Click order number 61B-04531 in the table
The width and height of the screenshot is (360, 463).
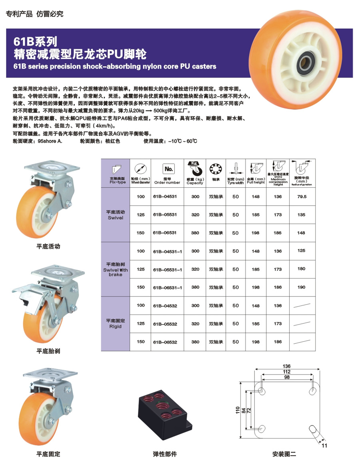[x=165, y=196]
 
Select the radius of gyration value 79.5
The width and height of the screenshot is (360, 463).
[x=302, y=196]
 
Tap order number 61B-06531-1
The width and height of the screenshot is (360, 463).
[x=167, y=287]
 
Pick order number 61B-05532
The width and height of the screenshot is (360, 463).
[x=165, y=324]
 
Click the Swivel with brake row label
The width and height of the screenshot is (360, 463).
[x=115, y=270]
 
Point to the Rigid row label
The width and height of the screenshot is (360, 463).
[x=115, y=324]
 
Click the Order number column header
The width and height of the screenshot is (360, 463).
[x=167, y=181]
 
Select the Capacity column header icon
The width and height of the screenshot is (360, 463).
[x=195, y=168]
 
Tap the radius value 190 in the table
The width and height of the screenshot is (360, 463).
[x=301, y=287]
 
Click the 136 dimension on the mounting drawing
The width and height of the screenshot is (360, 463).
[x=286, y=366]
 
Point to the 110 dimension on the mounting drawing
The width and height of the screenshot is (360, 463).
[x=238, y=410]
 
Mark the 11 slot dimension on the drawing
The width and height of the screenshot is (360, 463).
[x=324, y=445]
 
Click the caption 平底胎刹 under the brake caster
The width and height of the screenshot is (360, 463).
[x=48, y=351]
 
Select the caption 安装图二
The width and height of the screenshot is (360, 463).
[x=284, y=454]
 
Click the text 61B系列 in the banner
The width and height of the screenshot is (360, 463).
[x=35, y=42]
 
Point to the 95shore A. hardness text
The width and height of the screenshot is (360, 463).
[x=50, y=141]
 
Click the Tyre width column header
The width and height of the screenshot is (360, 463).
[x=236, y=181]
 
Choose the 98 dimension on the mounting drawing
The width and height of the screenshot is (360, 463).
[x=287, y=377]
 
